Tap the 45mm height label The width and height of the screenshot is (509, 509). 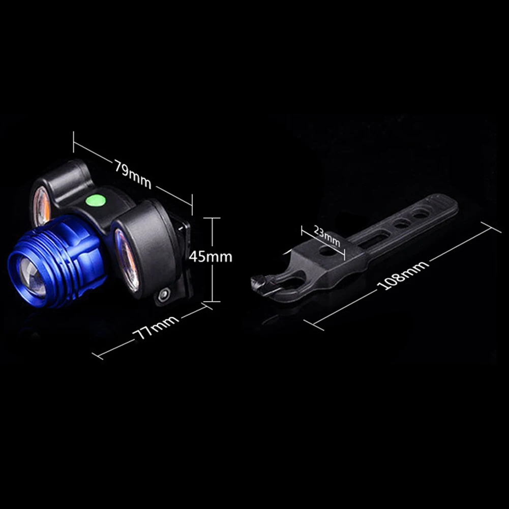click(x=211, y=257)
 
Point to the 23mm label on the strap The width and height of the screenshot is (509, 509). click(x=327, y=236)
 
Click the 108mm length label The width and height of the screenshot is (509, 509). click(x=403, y=275)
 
